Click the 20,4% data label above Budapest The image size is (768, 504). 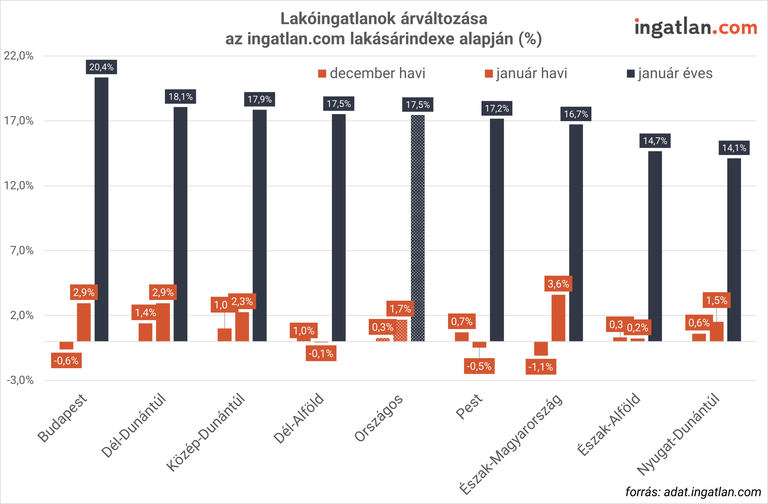(x=101, y=67)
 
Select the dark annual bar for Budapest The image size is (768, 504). (x=101, y=210)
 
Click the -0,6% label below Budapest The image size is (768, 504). (x=66, y=360)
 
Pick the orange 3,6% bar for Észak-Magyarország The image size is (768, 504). (x=558, y=318)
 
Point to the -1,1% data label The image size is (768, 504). (x=541, y=367)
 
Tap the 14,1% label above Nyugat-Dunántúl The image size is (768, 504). (x=734, y=148)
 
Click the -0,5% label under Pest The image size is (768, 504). (x=479, y=366)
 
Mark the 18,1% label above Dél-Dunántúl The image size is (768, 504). (x=180, y=97)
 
